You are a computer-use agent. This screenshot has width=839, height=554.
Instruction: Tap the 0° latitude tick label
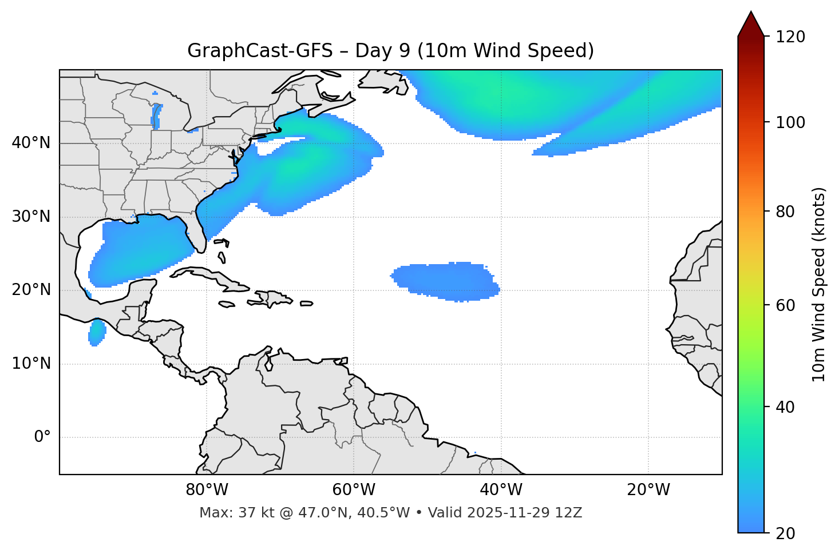(42, 437)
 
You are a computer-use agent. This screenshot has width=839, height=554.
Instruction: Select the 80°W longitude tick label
(207, 490)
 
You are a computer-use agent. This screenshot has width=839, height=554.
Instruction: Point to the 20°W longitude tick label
(648, 490)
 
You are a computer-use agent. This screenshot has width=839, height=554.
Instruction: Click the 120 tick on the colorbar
(790, 37)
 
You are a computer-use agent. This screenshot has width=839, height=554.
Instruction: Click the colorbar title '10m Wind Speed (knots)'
(818, 284)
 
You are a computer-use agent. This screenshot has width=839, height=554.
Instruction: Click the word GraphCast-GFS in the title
(260, 51)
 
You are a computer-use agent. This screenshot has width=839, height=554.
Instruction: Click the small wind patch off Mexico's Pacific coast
(97, 332)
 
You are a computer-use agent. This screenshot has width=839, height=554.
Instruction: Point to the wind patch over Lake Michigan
(156, 114)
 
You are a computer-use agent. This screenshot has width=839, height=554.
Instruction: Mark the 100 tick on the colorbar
(790, 122)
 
